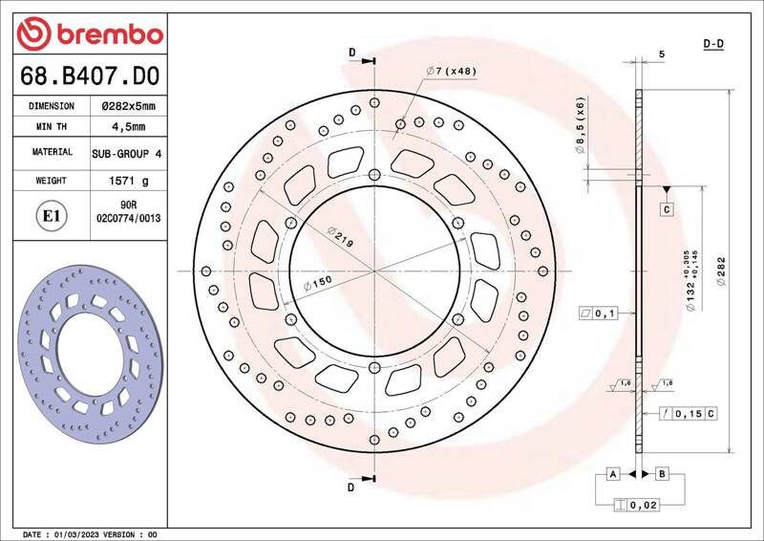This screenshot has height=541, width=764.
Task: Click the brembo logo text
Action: click(x=110, y=34)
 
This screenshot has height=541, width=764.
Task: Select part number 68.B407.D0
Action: click(x=90, y=76)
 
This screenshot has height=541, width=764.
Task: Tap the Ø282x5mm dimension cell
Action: click(x=128, y=106)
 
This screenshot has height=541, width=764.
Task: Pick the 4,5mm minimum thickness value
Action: click(x=128, y=127)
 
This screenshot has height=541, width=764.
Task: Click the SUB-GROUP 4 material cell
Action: click(x=127, y=154)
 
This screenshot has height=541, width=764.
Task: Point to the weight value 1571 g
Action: click(x=129, y=181)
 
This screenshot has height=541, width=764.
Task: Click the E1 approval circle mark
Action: click(x=52, y=216)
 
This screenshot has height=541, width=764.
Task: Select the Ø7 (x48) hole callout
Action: click(x=451, y=71)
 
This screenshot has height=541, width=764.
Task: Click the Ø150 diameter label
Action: click(x=318, y=283)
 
